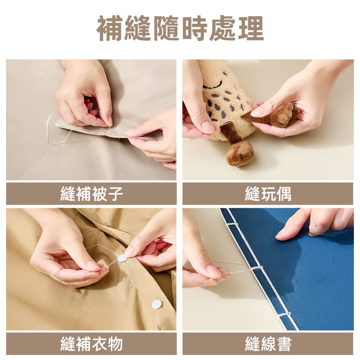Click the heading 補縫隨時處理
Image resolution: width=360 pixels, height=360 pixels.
180,29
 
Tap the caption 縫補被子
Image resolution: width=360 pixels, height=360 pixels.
91,194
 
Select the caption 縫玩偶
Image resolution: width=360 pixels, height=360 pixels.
268,194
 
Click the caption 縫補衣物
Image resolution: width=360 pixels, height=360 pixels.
91,344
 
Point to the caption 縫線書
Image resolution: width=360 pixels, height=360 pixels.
268,344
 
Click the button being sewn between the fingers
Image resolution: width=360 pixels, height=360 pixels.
122,258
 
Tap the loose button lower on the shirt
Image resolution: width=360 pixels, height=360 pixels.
156,305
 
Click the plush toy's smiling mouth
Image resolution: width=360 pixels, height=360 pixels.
213,85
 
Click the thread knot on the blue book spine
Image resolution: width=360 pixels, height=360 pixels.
258,269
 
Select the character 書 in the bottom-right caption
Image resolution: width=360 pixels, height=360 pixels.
283,344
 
